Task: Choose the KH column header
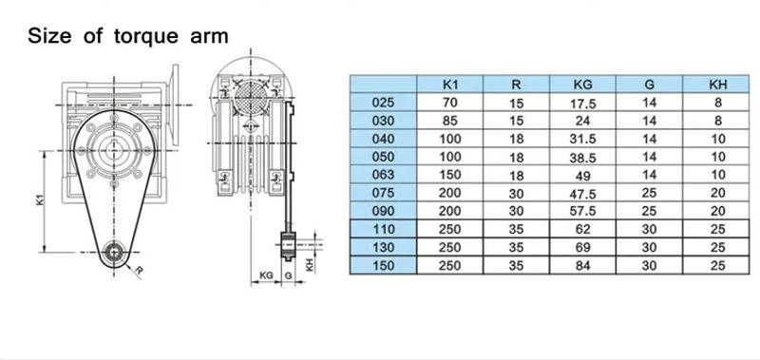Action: (x=718, y=83)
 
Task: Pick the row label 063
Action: (x=379, y=176)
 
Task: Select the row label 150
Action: (x=379, y=266)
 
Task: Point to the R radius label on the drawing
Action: (x=140, y=271)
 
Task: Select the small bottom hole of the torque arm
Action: (x=114, y=252)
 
